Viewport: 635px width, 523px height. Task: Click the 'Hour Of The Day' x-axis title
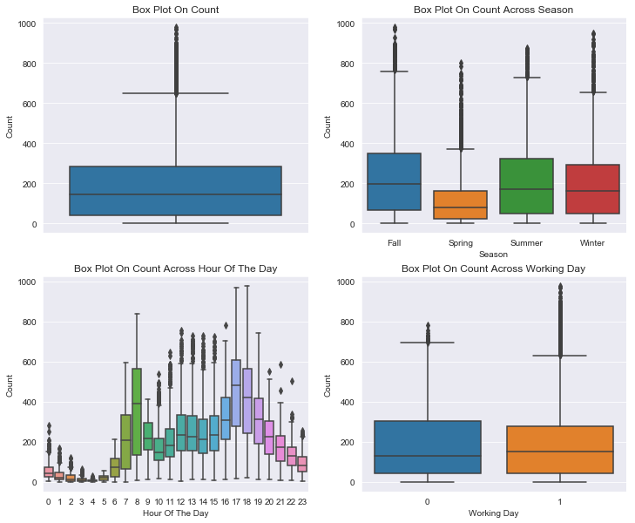pos(176,513)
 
